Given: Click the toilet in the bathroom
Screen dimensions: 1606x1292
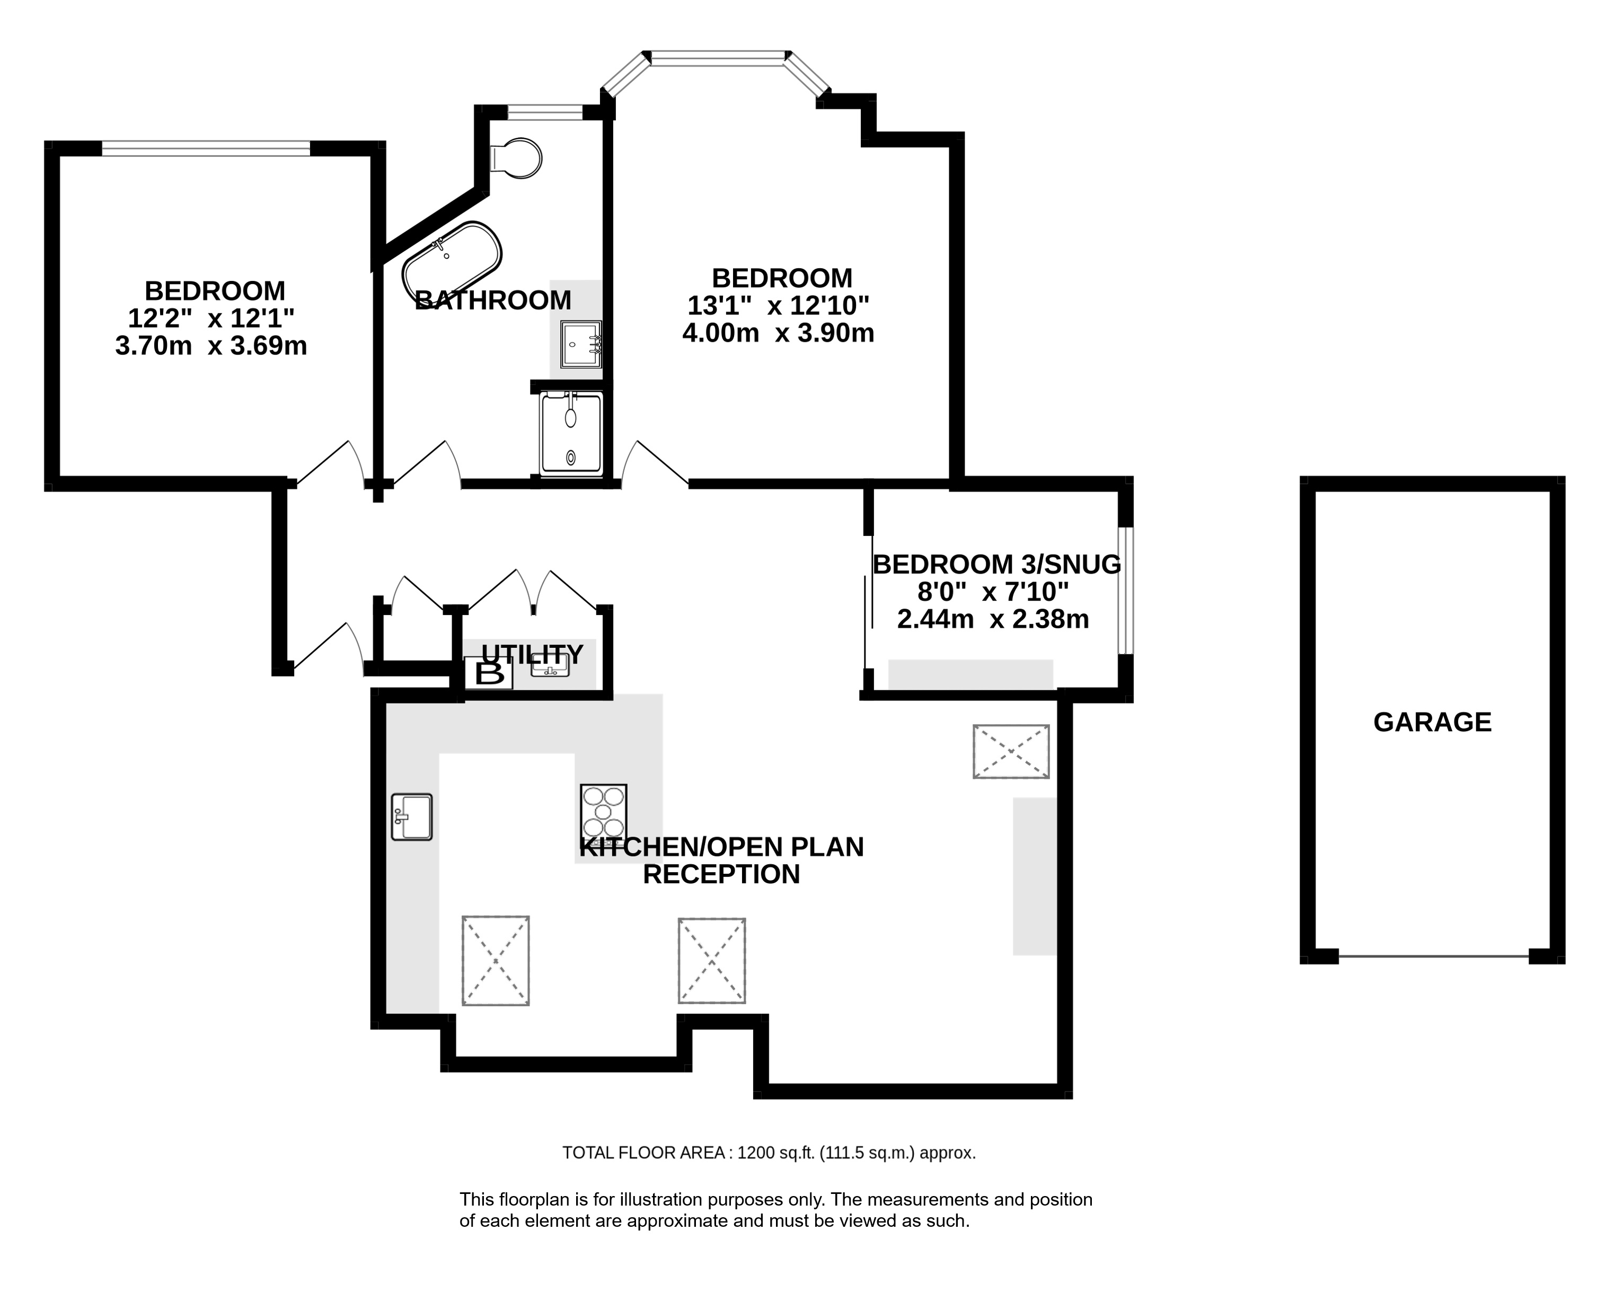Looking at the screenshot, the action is pyautogui.click(x=516, y=158).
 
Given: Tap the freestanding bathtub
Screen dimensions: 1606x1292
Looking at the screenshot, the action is pyautogui.click(x=452, y=259).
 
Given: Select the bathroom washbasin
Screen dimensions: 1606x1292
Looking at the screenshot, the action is pyautogui.click(x=581, y=344).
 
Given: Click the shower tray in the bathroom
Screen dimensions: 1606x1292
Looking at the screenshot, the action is pyautogui.click(x=571, y=434).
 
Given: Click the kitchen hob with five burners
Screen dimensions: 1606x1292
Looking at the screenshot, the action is pyautogui.click(x=603, y=812).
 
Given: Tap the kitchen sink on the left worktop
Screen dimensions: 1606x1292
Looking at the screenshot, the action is pyautogui.click(x=412, y=816).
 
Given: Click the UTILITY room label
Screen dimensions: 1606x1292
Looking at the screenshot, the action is pyautogui.click(x=532, y=654).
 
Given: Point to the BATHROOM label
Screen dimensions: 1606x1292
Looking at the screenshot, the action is pyautogui.click(x=493, y=300).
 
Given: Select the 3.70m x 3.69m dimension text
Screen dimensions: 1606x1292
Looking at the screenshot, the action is pyautogui.click(x=211, y=346).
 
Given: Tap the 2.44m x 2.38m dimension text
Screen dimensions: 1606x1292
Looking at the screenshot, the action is pyautogui.click(x=993, y=619).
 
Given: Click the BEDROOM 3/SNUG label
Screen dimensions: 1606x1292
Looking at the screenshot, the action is pyautogui.click(x=996, y=565).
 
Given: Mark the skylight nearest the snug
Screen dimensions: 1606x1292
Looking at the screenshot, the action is pyautogui.click(x=1011, y=752).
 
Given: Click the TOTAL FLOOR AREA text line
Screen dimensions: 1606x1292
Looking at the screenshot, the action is pyautogui.click(x=769, y=1153).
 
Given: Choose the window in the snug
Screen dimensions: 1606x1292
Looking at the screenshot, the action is pyautogui.click(x=1126, y=590).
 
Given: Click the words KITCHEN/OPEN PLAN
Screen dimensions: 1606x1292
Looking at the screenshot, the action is pyautogui.click(x=721, y=847).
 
